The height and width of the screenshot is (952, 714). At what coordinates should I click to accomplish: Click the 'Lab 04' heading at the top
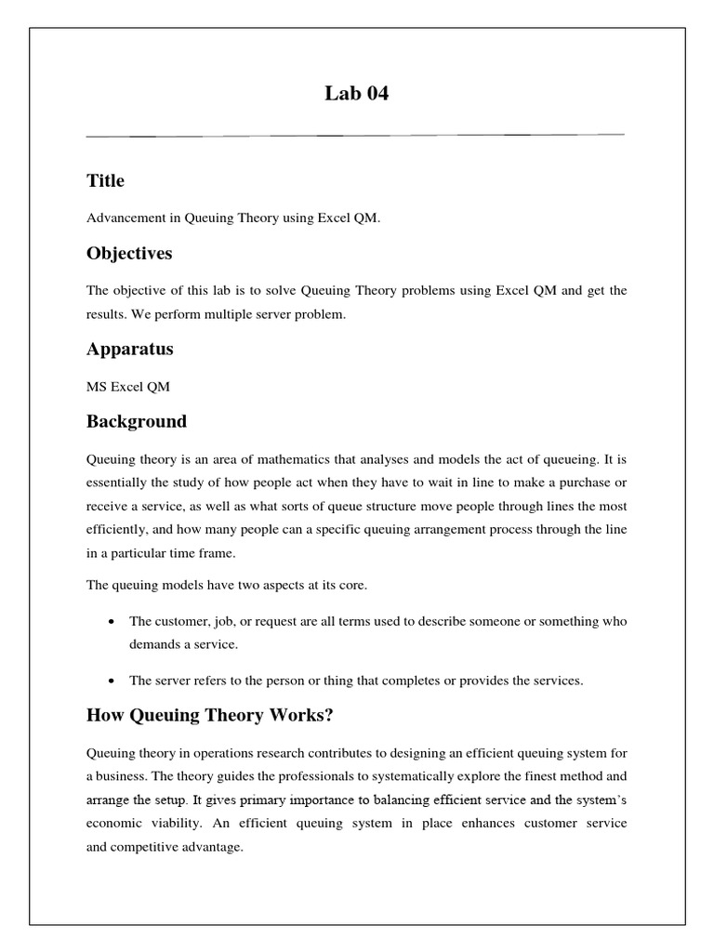point(356,93)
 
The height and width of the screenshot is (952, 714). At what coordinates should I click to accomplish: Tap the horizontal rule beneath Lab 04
point(356,136)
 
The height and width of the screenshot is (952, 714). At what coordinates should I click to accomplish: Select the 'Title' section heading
point(105,180)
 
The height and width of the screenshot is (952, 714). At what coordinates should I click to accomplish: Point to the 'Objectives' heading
point(129,253)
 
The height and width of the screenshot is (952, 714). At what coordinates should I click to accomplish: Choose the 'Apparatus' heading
point(129,350)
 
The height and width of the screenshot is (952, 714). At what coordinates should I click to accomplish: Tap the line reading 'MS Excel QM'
point(128,387)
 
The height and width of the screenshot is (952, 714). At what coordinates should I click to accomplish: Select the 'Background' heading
point(137,422)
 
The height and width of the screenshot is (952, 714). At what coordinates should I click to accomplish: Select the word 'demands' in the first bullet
point(155,642)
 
